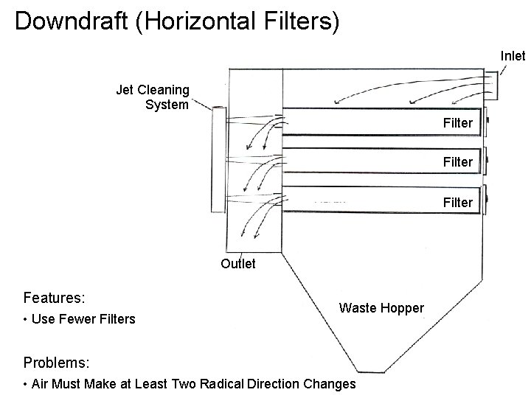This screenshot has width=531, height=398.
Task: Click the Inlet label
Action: point(513,55)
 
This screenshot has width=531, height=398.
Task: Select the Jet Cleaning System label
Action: point(153,97)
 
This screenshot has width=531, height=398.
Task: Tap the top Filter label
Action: point(457,122)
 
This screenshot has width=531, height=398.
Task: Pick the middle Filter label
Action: point(457,161)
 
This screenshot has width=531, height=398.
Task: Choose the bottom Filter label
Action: point(457,201)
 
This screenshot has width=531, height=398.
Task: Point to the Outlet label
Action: point(237,263)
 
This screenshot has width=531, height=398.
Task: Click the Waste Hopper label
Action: point(381,307)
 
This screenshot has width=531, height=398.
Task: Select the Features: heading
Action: point(55,298)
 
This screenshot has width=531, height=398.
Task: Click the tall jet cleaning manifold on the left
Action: point(217,158)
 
